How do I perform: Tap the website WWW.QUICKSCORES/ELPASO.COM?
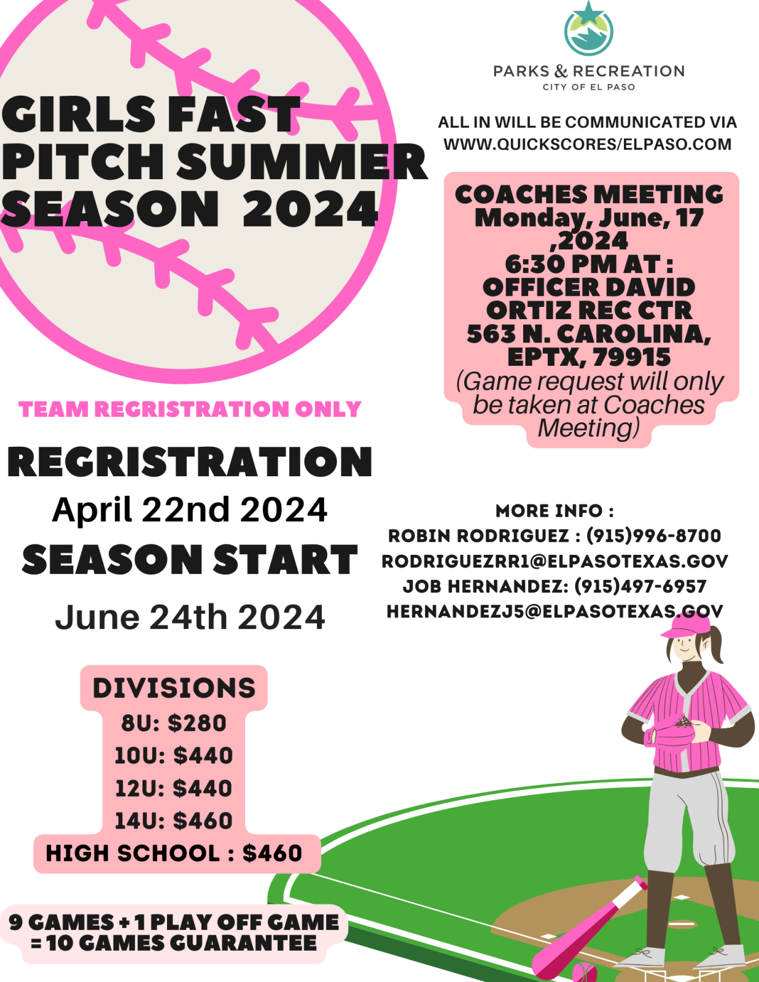click(587, 144)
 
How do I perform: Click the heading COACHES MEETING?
click(589, 195)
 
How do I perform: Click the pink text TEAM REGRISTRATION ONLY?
click(190, 409)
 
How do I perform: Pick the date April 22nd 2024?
click(190, 510)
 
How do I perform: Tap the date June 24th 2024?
click(190, 617)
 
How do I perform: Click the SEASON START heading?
click(190, 560)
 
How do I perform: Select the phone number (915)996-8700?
click(653, 536)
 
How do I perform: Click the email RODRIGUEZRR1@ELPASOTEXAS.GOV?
click(555, 561)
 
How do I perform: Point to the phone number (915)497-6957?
click(640, 587)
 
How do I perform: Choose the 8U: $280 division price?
click(174, 723)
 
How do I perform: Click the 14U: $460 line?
click(174, 821)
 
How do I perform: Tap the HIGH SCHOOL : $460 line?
click(174, 853)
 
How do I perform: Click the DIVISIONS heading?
click(174, 688)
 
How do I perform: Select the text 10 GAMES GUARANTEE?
click(181, 943)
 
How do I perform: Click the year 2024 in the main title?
click(311, 209)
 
